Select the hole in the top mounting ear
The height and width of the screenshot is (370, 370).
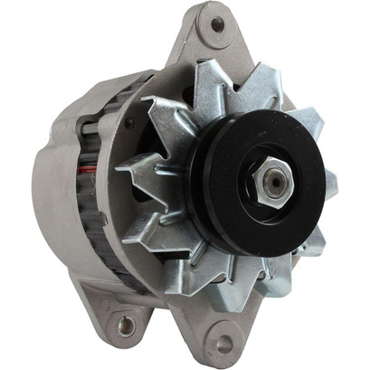point(217,24)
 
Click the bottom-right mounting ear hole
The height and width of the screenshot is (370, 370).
point(223,344)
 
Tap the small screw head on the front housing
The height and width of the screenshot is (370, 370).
point(129,123)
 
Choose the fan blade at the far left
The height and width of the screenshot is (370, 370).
point(136,172)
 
